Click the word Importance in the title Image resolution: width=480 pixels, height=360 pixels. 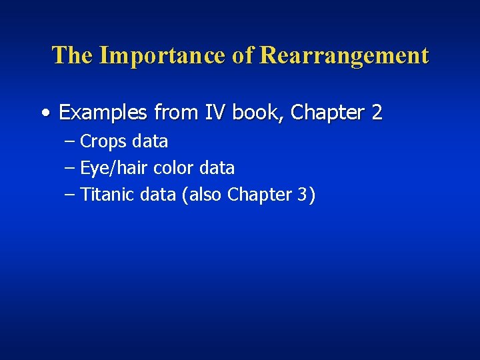pyautogui.click(x=162, y=55)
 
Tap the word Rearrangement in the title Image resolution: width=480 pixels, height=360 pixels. pyautogui.click(x=344, y=55)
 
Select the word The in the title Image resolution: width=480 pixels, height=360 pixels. pyautogui.click(x=73, y=55)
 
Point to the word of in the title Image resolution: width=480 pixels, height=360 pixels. pyautogui.click(x=243, y=55)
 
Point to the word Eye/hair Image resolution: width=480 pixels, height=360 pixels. pyautogui.click(x=114, y=168)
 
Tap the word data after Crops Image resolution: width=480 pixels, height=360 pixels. pyautogui.click(x=150, y=141)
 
